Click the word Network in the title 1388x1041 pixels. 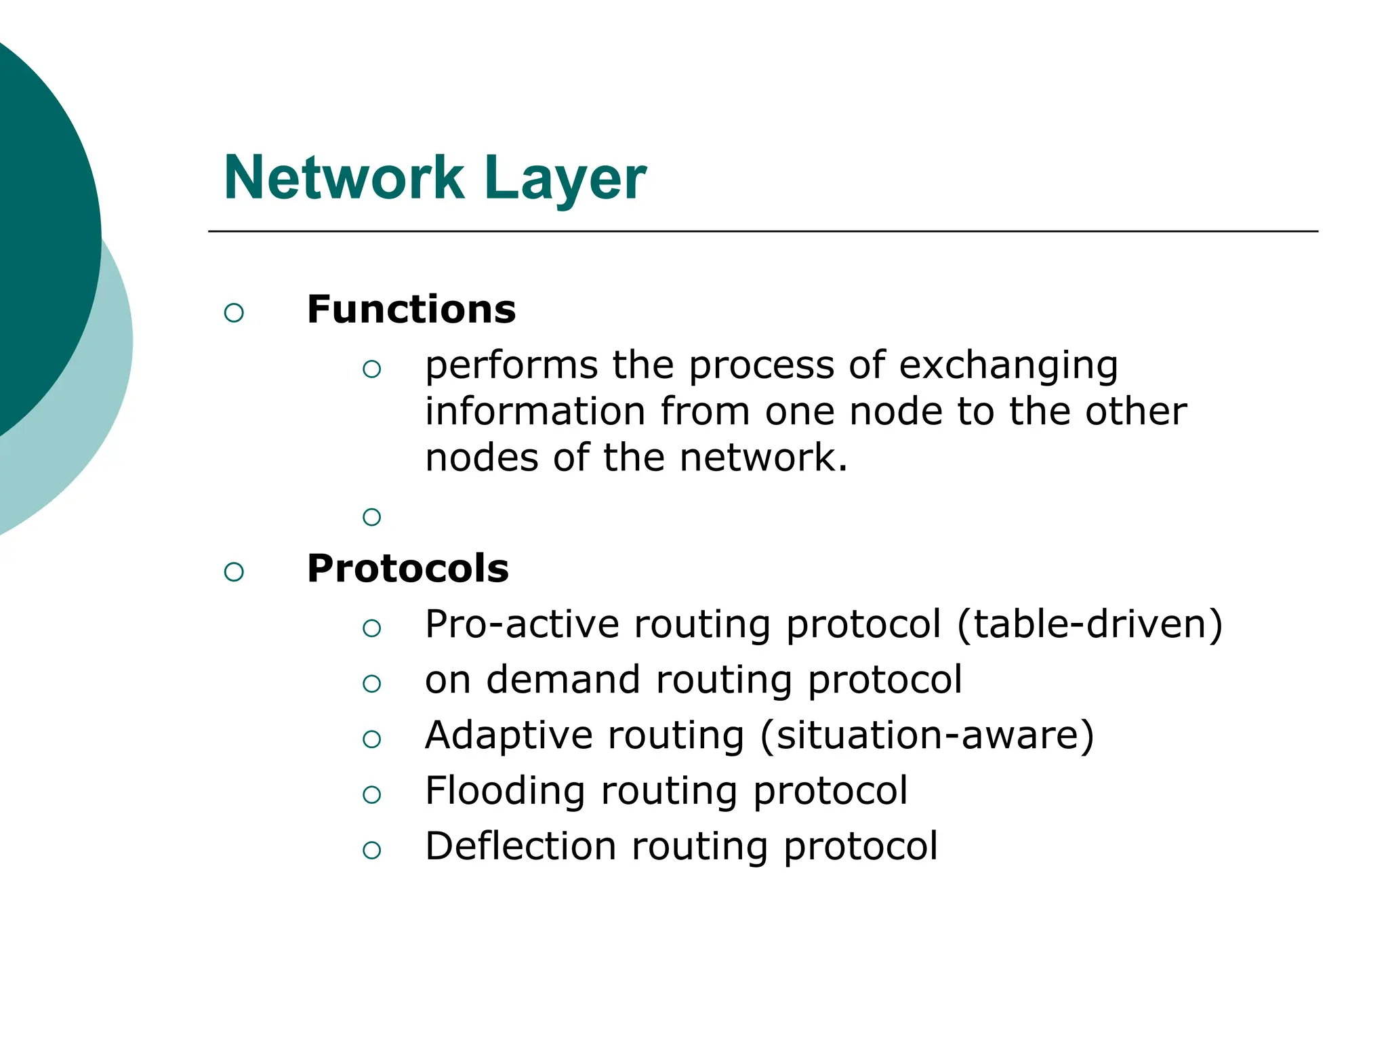[344, 178]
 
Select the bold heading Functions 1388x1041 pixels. [411, 310]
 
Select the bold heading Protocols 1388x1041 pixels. [407, 568]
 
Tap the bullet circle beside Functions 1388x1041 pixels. [234, 312]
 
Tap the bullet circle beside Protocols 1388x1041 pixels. [234, 571]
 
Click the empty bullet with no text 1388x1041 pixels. [371, 517]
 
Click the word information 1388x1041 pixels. [535, 411]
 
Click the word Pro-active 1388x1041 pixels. [522, 624]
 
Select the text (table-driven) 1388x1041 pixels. [1090, 624]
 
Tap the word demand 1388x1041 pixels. [563, 679]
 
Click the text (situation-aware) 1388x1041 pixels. [926, 735]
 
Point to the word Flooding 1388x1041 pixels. [505, 791]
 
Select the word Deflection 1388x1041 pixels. [520, 846]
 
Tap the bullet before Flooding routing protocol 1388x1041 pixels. [371, 794]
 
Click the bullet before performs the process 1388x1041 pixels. [371, 369]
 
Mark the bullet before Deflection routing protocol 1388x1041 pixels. [371, 850]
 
